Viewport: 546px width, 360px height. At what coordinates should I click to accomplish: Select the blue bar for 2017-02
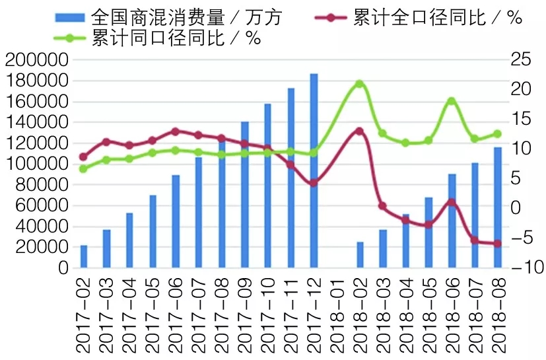click(84, 256)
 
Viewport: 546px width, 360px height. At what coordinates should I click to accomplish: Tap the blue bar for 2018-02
click(360, 254)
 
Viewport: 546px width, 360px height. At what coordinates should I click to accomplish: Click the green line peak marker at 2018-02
click(359, 84)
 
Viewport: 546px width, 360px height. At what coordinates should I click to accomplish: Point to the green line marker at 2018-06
click(452, 101)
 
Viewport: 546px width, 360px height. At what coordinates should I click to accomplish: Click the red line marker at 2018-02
click(359, 131)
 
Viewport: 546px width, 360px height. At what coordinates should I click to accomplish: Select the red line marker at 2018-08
click(498, 244)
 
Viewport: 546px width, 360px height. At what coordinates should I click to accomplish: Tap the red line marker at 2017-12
click(314, 183)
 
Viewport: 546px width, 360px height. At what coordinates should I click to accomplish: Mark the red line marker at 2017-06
click(175, 131)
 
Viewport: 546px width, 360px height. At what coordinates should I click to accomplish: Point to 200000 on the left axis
click(37, 60)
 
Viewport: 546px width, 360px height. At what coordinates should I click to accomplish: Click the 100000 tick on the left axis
click(37, 164)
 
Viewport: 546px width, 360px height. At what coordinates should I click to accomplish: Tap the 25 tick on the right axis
click(521, 60)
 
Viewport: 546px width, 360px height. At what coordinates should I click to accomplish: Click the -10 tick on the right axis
click(521, 268)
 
